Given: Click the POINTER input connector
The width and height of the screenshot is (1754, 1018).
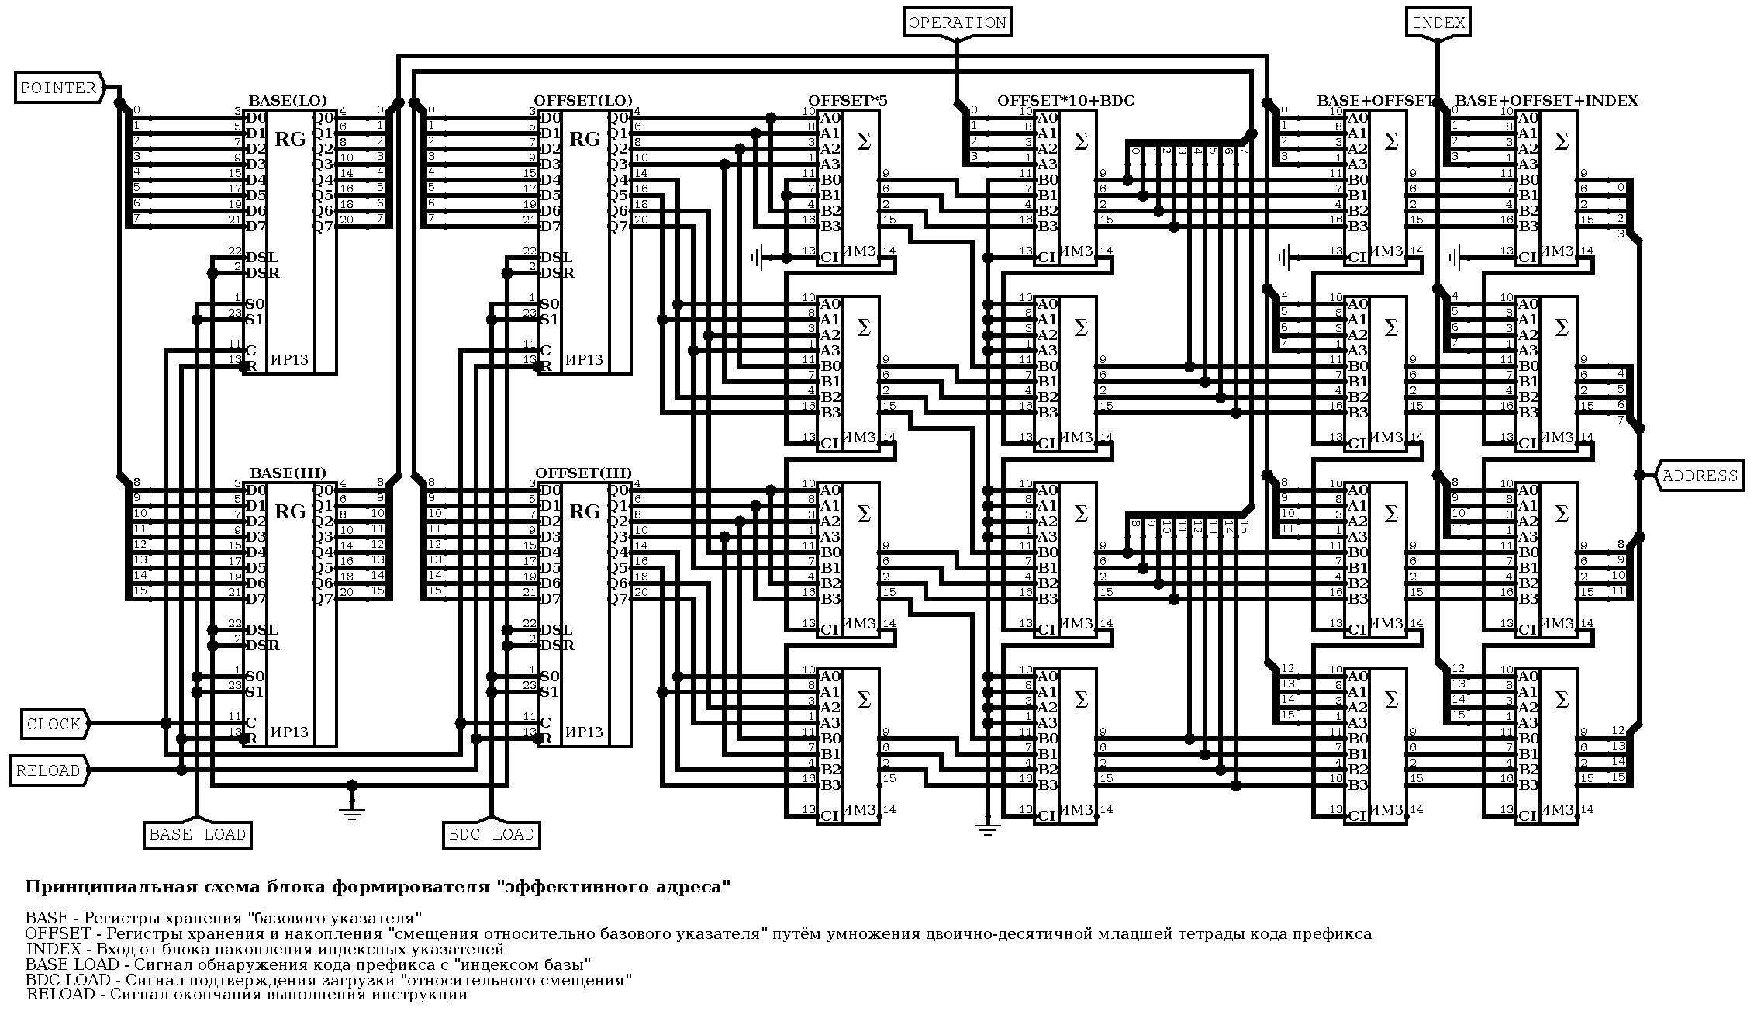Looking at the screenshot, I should point(59,88).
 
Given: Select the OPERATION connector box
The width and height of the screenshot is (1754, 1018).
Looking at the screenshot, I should point(957,23).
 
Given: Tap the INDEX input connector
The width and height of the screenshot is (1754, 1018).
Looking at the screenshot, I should point(1438,23).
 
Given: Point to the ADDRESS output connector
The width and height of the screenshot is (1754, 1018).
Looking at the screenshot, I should point(1700,476).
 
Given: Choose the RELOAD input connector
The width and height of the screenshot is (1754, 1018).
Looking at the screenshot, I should point(48,770).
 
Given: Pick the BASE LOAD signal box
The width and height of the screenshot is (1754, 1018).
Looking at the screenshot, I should point(197,835).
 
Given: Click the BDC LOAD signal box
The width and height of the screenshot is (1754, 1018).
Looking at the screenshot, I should point(491,835).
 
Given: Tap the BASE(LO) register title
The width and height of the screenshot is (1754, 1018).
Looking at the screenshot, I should point(288,101).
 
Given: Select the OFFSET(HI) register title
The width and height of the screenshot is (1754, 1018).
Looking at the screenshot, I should point(583,473).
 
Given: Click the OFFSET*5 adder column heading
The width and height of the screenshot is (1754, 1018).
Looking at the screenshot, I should point(848,101).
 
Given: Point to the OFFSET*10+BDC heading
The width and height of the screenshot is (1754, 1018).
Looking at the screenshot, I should point(1065,101).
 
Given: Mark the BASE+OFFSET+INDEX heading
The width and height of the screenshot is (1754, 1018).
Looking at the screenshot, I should point(1546,101).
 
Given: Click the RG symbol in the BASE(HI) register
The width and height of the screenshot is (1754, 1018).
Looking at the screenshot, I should point(290,512).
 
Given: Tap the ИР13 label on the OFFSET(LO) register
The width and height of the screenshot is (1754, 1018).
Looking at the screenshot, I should point(584,360).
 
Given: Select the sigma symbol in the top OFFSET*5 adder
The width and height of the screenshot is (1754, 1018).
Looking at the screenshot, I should point(863,142).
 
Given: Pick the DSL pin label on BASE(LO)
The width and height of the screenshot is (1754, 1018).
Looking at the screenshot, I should point(261,258).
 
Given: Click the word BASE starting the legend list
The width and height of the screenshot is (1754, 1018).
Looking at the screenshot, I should point(47,918).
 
